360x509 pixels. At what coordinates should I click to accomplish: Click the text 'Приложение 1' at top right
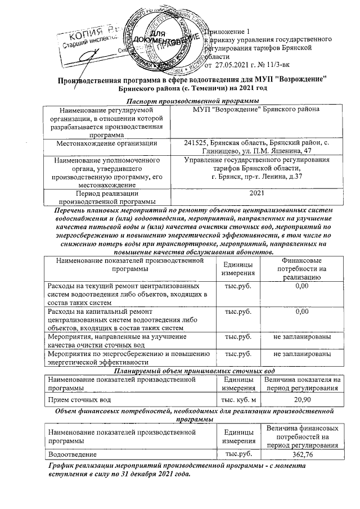point(229,31)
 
